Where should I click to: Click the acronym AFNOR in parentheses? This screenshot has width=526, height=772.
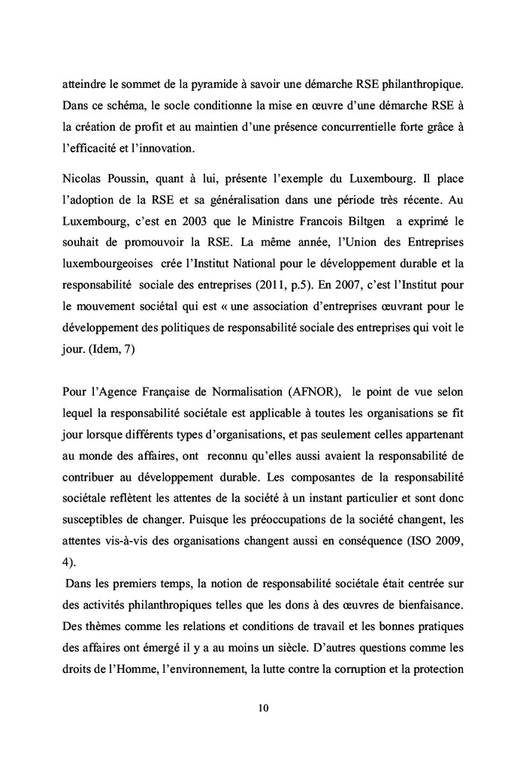point(313,391)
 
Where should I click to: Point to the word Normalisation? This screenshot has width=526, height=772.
point(246,391)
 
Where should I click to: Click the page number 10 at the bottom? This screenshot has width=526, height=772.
point(262,707)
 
